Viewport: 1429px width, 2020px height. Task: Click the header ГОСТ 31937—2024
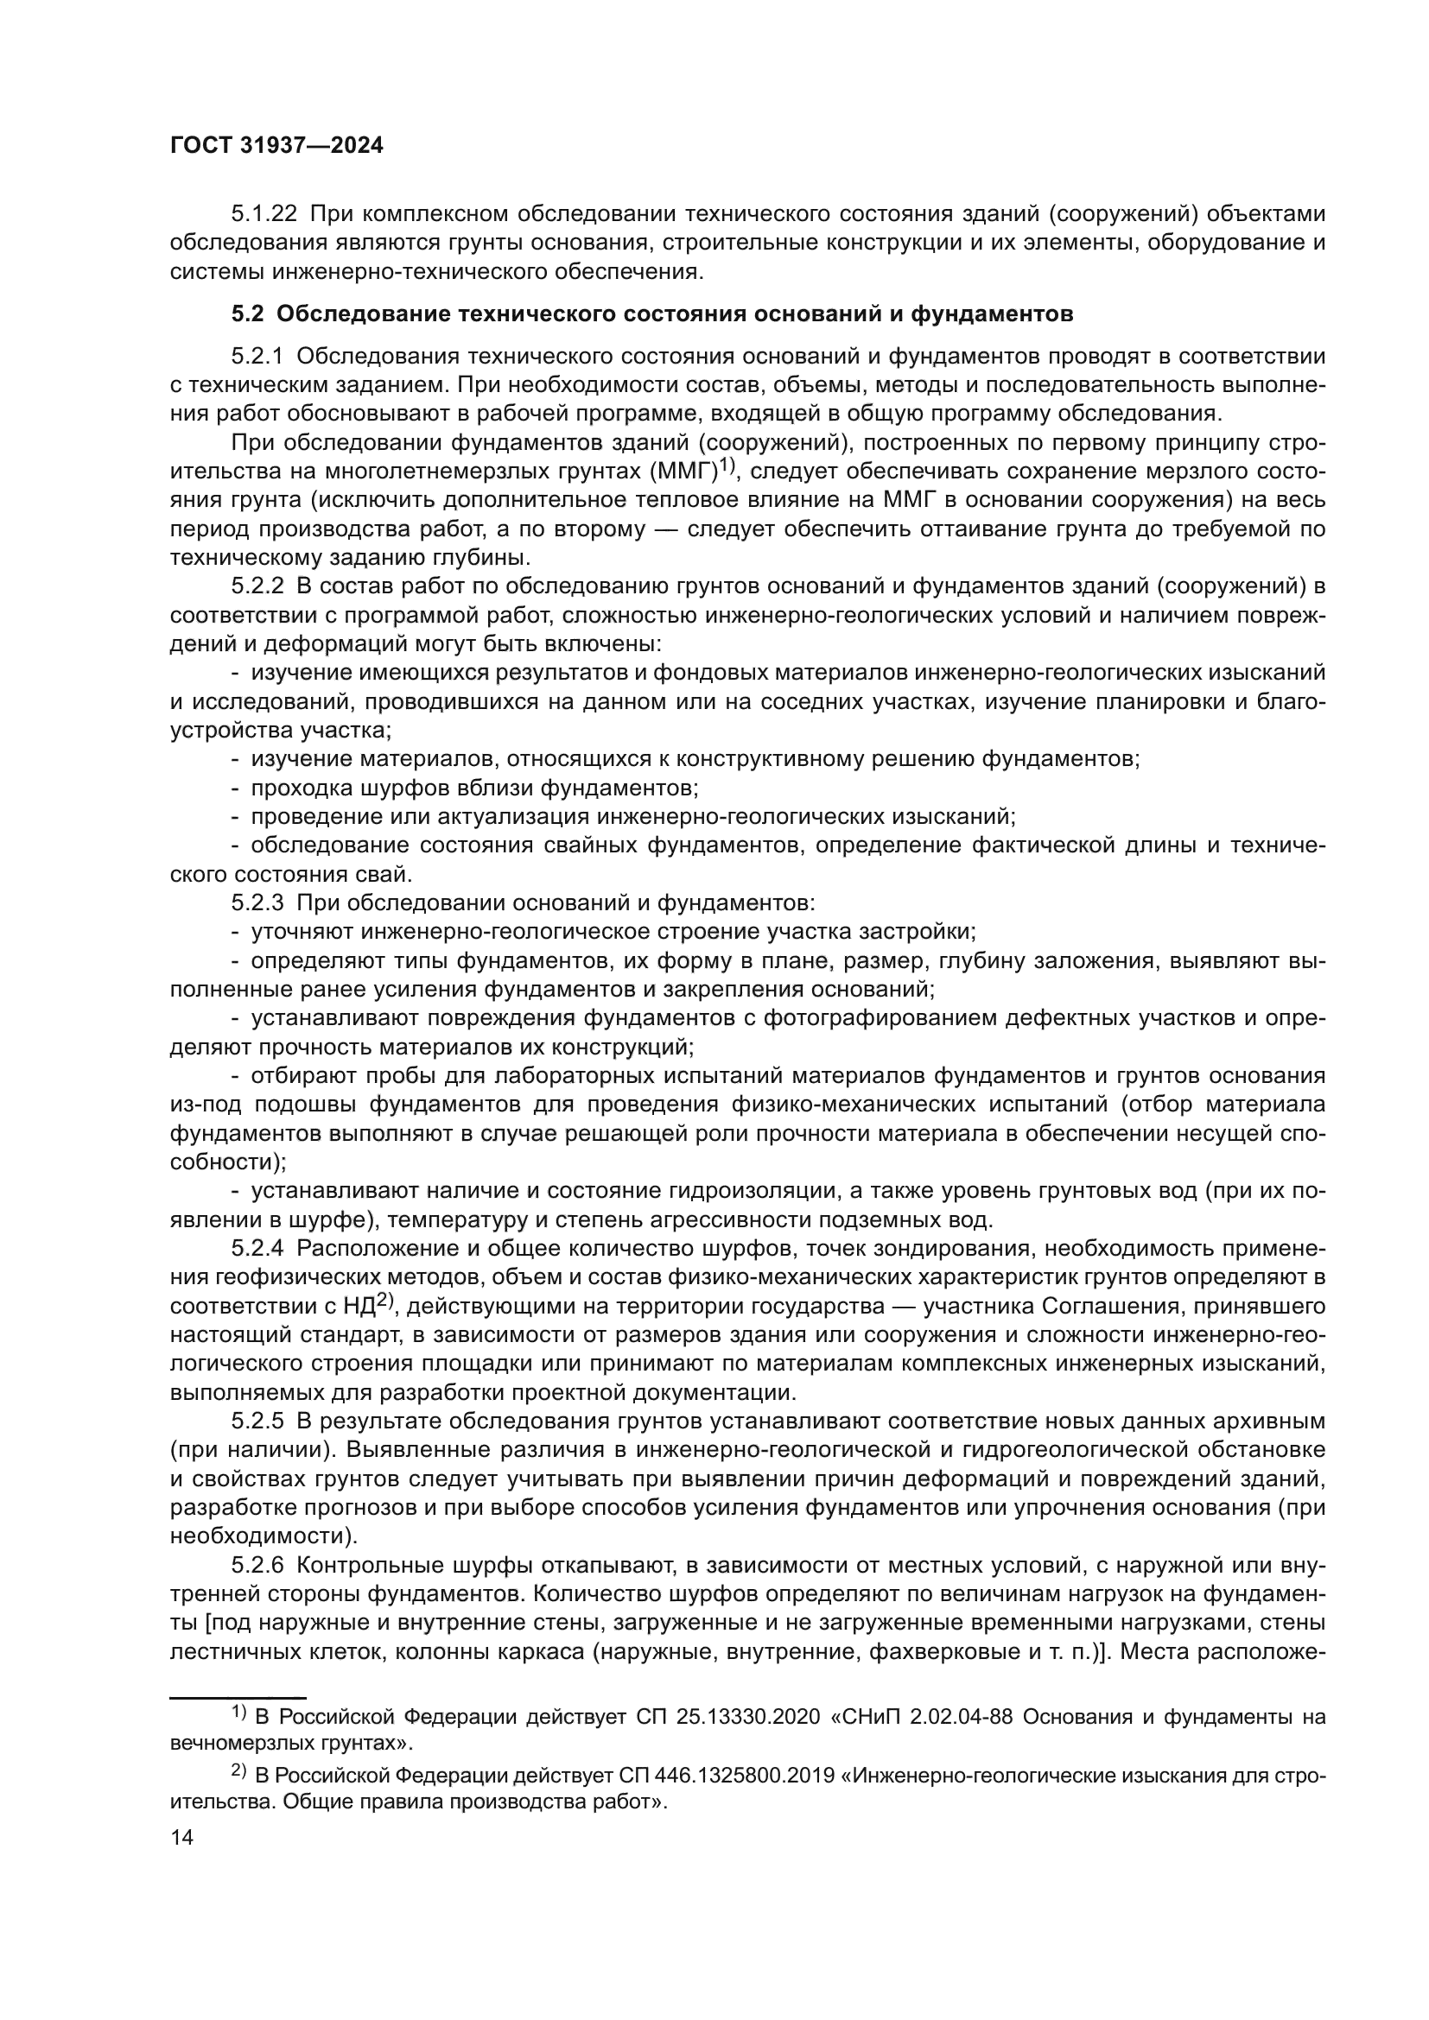click(276, 146)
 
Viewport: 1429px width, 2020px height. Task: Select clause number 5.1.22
click(264, 214)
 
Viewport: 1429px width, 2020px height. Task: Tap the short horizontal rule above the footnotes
click(237, 1695)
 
